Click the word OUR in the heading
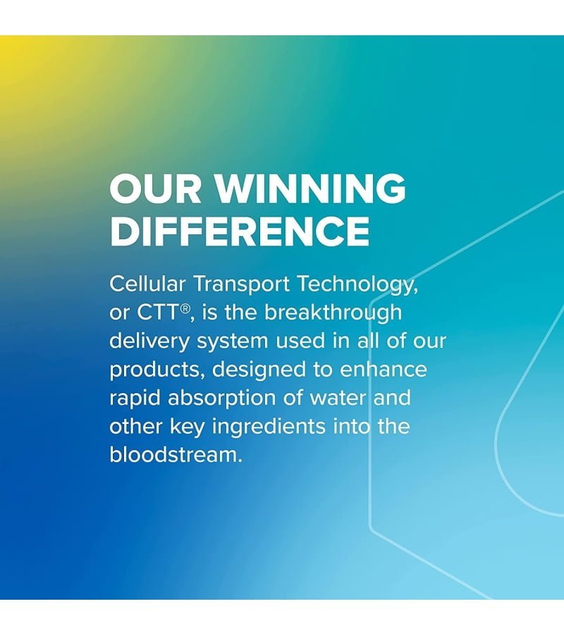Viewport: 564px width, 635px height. pos(155,188)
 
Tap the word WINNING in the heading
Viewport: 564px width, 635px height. pos(309,188)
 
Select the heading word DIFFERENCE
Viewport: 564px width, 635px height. pos(240,231)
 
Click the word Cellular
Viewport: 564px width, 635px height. pos(147,284)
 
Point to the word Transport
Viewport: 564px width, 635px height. pos(242,284)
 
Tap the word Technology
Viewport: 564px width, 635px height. pos(357,285)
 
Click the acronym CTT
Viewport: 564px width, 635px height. pos(157,313)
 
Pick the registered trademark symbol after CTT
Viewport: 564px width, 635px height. pos(184,308)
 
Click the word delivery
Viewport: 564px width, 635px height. pos(149,342)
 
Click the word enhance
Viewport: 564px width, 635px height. pos(383,369)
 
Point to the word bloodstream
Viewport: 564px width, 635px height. pos(176,455)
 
